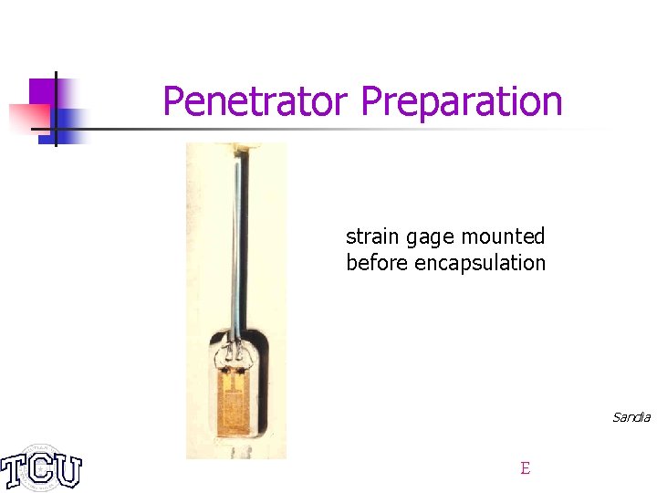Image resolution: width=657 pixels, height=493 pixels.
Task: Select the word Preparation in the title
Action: pos(462,101)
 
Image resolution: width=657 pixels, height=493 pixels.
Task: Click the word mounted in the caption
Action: pos(503,236)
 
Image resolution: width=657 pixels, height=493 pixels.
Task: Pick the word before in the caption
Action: pos(378,263)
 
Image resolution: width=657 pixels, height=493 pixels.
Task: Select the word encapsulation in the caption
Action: pos(480,264)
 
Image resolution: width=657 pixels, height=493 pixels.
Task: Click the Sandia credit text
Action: pos(631,417)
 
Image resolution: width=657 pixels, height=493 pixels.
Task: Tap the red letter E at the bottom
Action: pos(525,468)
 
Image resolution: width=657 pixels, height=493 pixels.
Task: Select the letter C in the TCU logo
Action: pos(40,470)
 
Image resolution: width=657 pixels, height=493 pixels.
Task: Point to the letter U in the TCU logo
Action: pos(66,470)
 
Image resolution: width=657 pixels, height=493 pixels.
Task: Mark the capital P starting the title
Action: pos(173,101)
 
